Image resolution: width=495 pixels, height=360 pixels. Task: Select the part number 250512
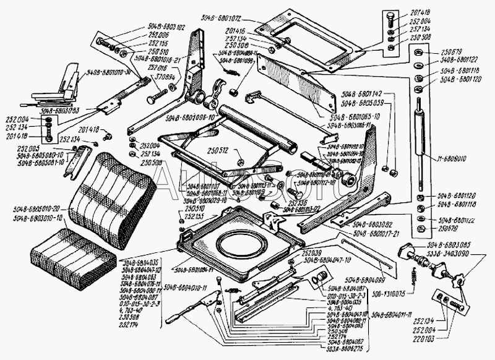(x=218, y=150)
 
